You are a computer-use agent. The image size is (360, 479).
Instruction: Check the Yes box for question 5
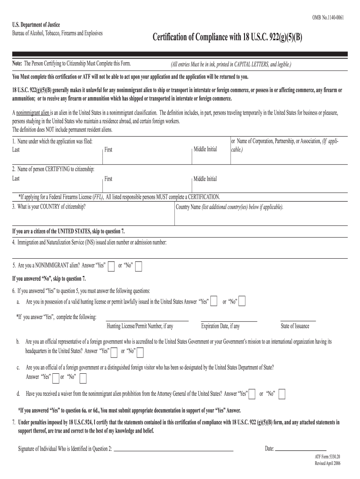click(111, 266)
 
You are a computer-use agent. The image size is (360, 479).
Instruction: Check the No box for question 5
click(138, 266)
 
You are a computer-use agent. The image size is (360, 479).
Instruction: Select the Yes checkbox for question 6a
click(214, 302)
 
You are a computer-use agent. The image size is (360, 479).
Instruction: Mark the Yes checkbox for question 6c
click(56, 377)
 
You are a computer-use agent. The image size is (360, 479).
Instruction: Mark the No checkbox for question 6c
click(83, 377)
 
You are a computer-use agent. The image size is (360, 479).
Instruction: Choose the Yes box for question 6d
click(252, 394)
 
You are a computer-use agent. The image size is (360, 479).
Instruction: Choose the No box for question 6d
click(282, 394)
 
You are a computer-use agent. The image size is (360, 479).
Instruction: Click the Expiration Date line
click(229, 320)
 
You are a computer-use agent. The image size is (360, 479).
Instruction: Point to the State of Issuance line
click(298, 320)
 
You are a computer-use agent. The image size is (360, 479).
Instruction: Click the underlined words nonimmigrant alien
click(33, 113)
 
